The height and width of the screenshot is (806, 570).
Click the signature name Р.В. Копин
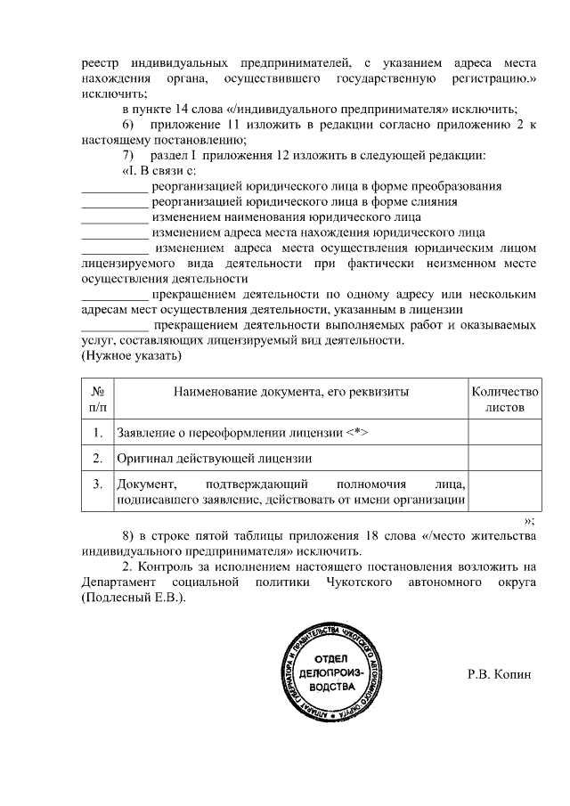[499, 673]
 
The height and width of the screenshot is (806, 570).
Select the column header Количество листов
[504, 399]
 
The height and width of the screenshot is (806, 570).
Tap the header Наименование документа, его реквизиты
[290, 392]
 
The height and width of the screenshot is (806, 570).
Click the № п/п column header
[98, 399]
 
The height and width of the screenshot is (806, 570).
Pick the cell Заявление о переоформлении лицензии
[242, 433]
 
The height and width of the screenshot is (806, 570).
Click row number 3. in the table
[98, 484]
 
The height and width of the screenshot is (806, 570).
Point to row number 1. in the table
[98, 433]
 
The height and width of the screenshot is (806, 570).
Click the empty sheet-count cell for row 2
[504, 459]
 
